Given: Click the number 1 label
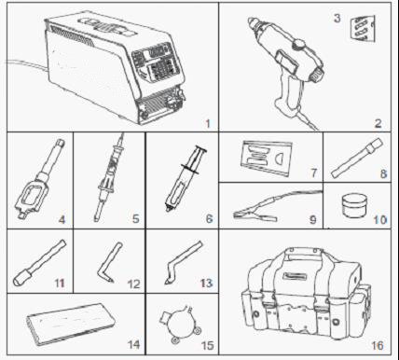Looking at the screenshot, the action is click(x=208, y=123).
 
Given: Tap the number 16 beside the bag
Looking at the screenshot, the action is click(x=378, y=345).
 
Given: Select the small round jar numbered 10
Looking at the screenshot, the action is click(x=353, y=205).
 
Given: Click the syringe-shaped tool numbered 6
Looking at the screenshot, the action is click(x=186, y=179).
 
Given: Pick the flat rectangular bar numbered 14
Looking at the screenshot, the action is click(x=71, y=324).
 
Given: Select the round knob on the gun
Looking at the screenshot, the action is click(x=300, y=44).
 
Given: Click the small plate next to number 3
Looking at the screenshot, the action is click(x=362, y=29).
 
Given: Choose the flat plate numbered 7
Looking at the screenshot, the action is click(x=266, y=157).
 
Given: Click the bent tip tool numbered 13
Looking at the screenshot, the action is click(x=183, y=261).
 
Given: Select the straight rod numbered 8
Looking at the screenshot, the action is click(x=357, y=158).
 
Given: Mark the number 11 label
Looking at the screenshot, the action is click(x=60, y=284).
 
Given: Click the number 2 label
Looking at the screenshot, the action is click(x=378, y=123).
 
